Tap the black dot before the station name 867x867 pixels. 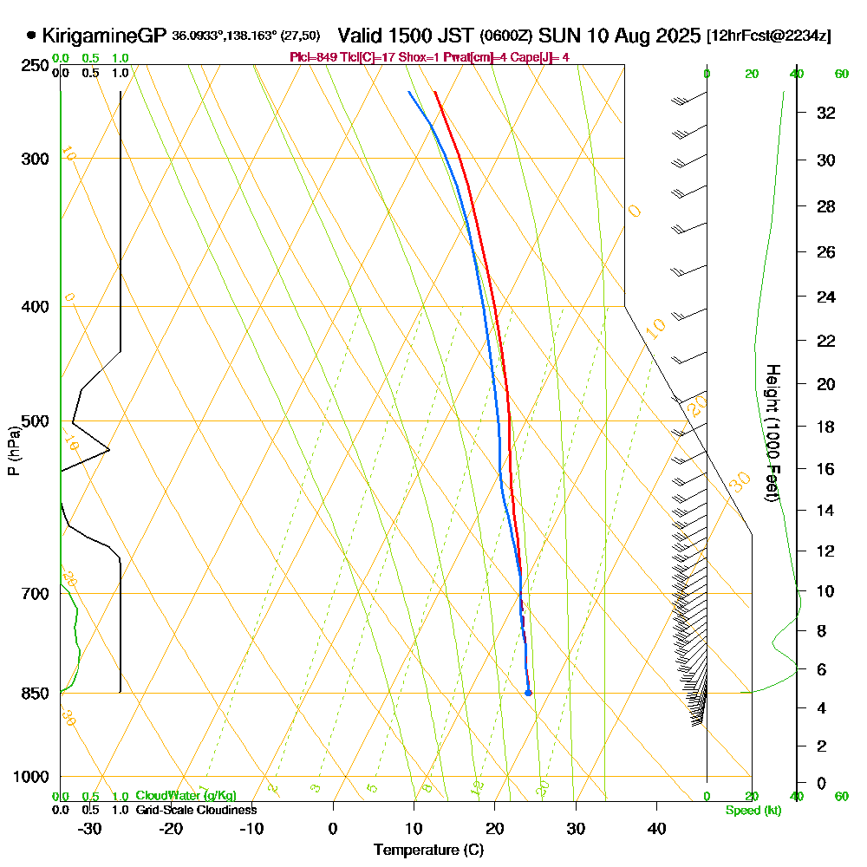[x=32, y=36]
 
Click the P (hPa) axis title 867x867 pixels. [x=13, y=450]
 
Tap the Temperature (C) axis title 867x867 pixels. [x=428, y=850]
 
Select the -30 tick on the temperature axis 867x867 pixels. [x=89, y=828]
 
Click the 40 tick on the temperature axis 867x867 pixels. [x=656, y=828]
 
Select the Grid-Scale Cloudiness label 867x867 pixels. [x=196, y=810]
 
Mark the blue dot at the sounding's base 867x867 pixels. [x=528, y=693]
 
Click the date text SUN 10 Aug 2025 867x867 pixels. [x=619, y=36]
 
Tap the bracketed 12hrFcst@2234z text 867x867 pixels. [x=769, y=36]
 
